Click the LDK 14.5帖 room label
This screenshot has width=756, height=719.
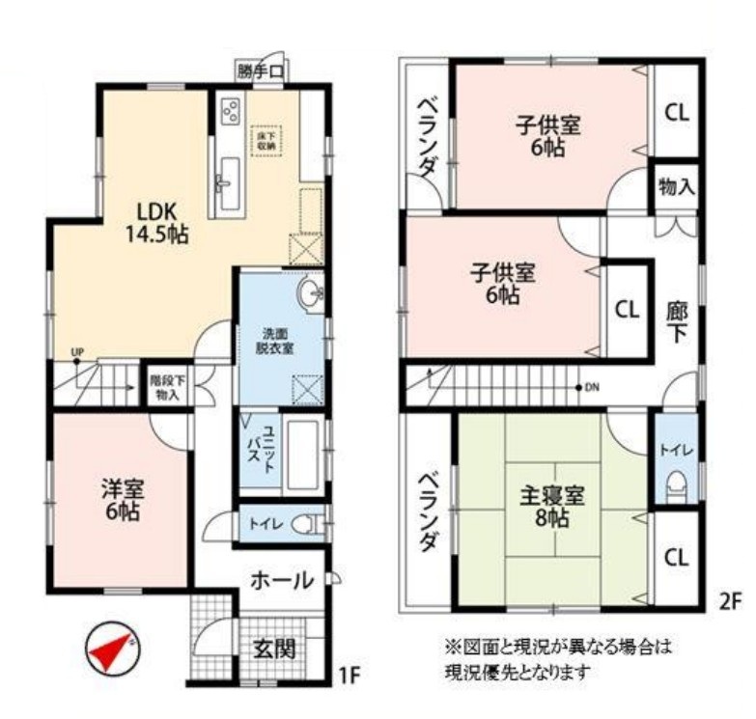154,221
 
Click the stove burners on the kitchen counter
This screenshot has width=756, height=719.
231,111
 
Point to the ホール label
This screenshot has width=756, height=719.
281,581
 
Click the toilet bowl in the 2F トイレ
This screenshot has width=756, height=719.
675,484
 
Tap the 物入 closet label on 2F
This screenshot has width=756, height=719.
676,186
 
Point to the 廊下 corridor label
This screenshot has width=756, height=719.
677,322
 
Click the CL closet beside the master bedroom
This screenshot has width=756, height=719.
676,557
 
